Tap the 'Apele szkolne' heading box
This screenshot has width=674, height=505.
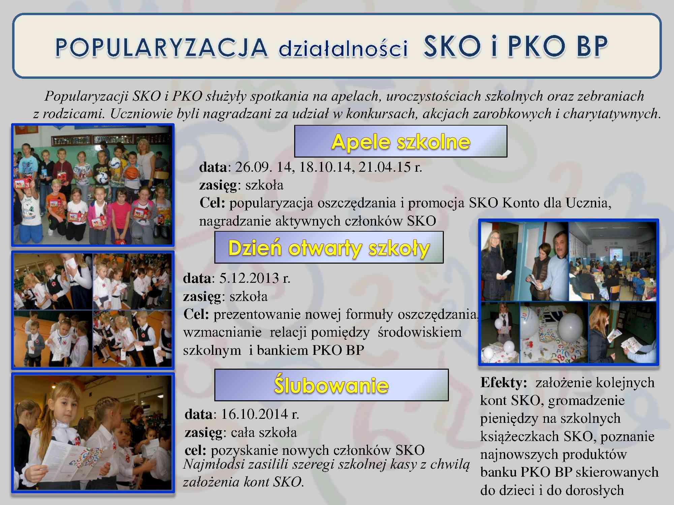click(401, 141)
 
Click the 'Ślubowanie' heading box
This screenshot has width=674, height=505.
click(331, 385)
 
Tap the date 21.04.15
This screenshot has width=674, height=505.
click(385, 167)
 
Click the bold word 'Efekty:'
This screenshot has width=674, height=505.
click(503, 382)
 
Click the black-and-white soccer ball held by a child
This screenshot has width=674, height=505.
click(101, 177)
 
